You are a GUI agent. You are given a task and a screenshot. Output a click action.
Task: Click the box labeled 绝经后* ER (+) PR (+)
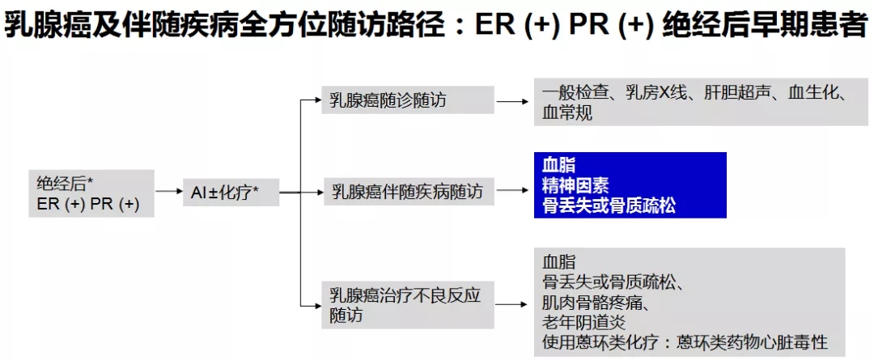(91, 193)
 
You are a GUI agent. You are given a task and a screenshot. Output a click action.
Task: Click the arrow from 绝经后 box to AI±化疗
(169, 192)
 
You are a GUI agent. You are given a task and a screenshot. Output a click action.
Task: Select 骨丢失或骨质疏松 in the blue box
(609, 205)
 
